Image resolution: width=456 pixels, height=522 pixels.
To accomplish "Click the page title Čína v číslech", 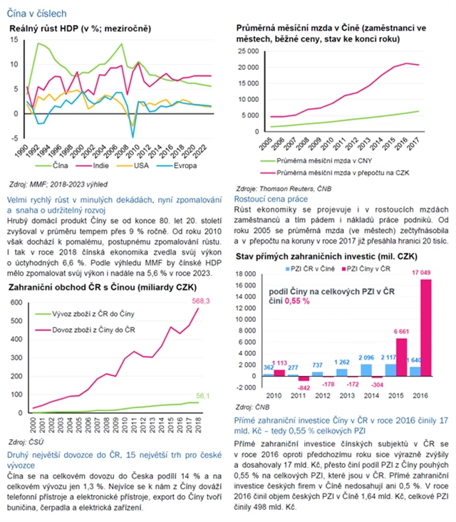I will [38, 13].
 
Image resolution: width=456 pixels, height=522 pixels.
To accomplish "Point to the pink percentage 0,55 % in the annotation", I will [297, 301].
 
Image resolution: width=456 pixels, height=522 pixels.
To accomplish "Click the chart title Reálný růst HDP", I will [77, 28].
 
